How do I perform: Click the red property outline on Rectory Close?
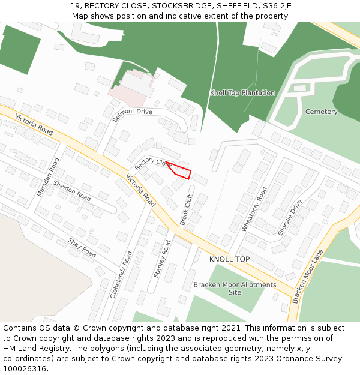[181, 171]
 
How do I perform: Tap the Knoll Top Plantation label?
[242, 93]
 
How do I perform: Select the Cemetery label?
[321, 112]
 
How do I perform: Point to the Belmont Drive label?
[133, 114]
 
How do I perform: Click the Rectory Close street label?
[154, 163]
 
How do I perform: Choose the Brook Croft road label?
[187, 209]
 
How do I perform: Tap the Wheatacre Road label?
[254, 209]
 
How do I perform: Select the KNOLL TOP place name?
[229, 259]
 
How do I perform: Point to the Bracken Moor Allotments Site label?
[235, 288]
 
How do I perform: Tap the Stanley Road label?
[162, 259]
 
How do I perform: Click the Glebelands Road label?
[121, 275]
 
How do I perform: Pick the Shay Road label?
[82, 248]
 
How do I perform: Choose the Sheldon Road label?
[72, 190]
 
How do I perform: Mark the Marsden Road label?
[48, 177]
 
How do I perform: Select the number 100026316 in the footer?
[23, 369]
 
